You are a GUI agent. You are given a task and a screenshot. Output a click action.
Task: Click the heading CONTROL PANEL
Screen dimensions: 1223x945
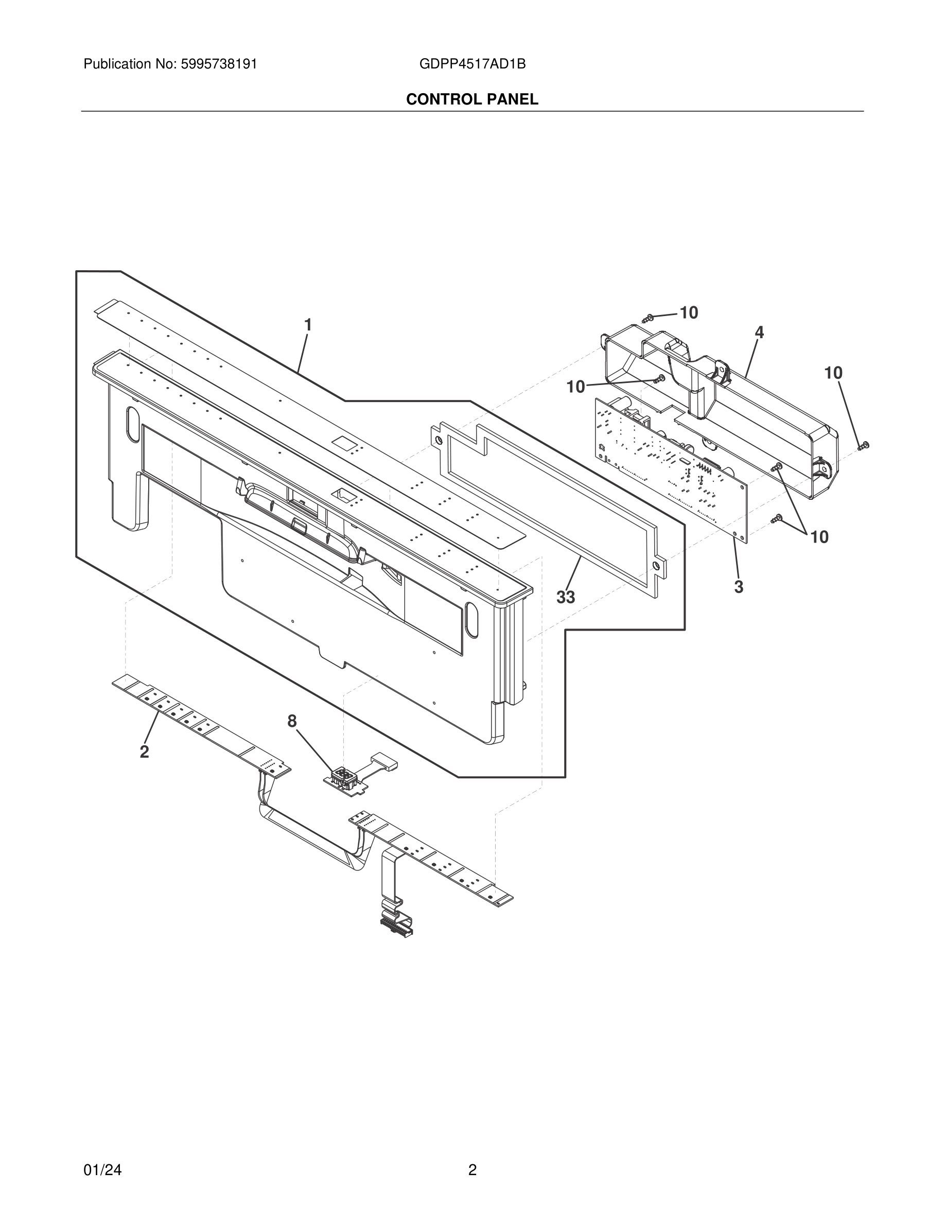point(472,100)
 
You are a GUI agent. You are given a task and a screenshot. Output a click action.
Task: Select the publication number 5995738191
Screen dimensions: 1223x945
point(219,64)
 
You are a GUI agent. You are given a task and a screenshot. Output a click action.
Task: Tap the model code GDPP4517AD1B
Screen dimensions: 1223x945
point(472,64)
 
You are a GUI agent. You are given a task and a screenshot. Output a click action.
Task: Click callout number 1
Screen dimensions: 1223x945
point(307,325)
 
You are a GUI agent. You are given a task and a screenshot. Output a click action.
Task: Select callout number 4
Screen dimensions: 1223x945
point(759,332)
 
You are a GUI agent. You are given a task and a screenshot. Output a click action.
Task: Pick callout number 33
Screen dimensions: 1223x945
point(566,598)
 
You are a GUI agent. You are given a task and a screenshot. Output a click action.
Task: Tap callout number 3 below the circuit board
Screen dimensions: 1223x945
point(739,587)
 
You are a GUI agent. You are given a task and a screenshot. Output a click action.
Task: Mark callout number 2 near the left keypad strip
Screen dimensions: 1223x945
point(145,752)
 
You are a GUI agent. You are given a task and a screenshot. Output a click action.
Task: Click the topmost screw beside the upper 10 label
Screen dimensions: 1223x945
point(649,318)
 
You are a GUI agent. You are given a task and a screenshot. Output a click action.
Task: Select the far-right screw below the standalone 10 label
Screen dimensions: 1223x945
point(864,446)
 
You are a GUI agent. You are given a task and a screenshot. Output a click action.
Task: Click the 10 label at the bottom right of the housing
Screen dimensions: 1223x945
point(819,537)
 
